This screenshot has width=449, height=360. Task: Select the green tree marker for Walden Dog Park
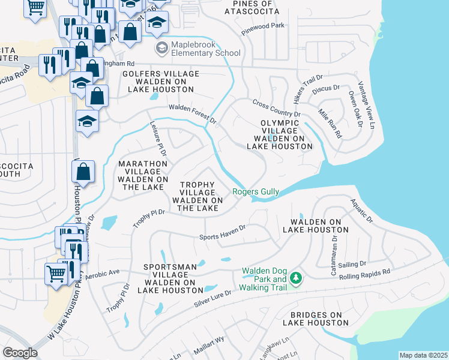(295, 278)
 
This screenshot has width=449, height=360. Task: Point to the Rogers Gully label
(256, 192)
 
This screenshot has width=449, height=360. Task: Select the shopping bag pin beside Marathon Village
(83, 172)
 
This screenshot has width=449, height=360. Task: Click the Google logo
(20, 353)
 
